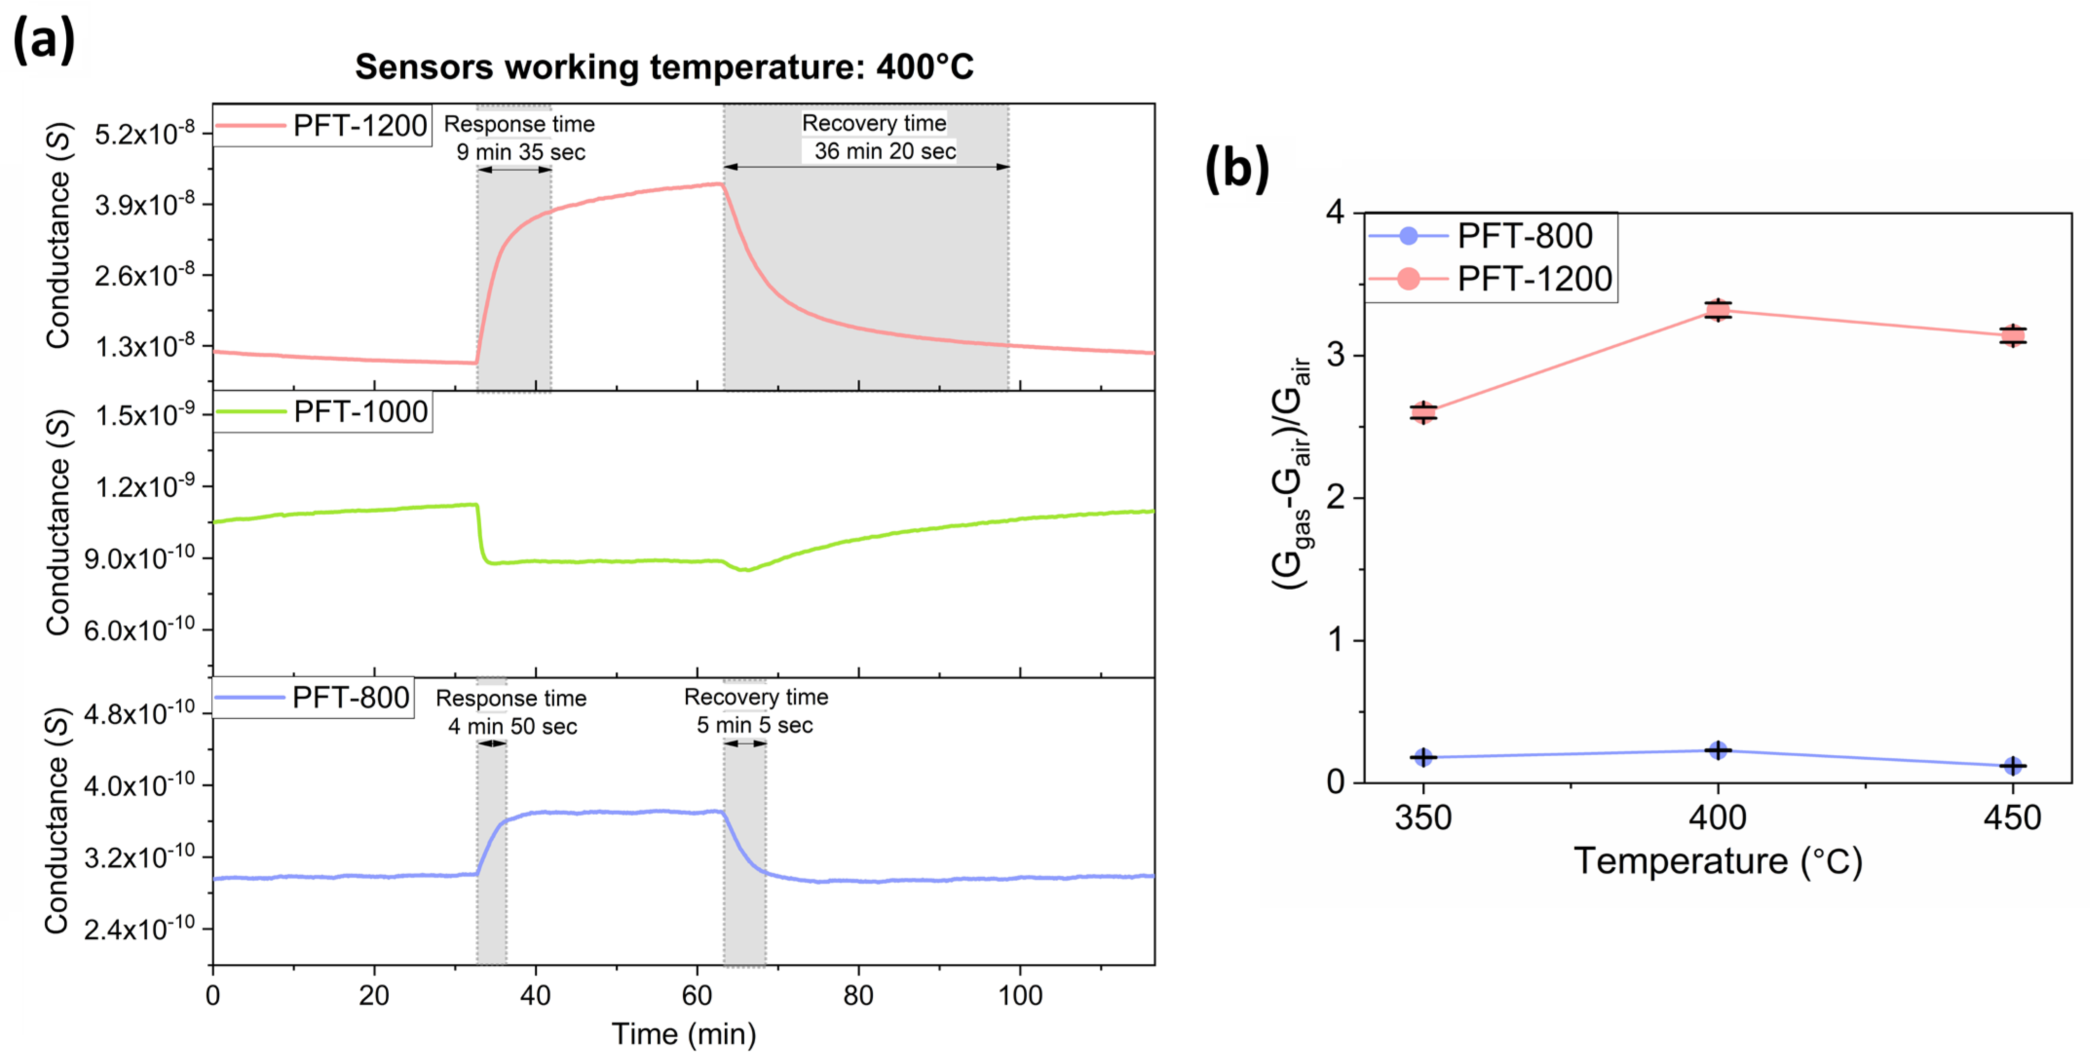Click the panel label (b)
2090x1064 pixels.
click(x=1237, y=168)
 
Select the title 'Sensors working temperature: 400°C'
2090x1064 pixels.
click(x=664, y=67)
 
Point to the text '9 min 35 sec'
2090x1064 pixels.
click(x=520, y=151)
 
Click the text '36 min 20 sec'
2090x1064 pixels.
click(x=885, y=151)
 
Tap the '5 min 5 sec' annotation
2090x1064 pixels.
click(x=754, y=725)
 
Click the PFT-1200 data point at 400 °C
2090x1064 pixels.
click(x=1717, y=310)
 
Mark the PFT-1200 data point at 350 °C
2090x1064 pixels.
click(x=1423, y=412)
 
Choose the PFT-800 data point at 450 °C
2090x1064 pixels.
click(x=2012, y=765)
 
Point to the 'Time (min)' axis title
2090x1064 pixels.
click(x=683, y=1034)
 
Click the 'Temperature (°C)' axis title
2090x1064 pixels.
click(x=1717, y=861)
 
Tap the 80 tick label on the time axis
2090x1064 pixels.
click(x=858, y=995)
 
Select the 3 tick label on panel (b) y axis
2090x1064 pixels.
click(x=1335, y=355)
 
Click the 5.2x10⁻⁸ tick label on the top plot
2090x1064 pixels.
click(x=145, y=134)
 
